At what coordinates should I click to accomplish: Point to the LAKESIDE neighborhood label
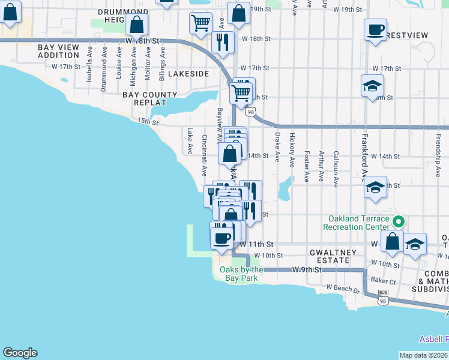188,73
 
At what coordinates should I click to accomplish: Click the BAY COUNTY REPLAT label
150,98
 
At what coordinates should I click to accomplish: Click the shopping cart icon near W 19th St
200,23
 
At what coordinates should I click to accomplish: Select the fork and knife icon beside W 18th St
223,42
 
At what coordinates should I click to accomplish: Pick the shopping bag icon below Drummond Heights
137,25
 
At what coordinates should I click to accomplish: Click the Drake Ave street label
277,148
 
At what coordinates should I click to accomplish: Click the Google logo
20,353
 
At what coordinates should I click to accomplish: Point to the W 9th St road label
308,270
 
